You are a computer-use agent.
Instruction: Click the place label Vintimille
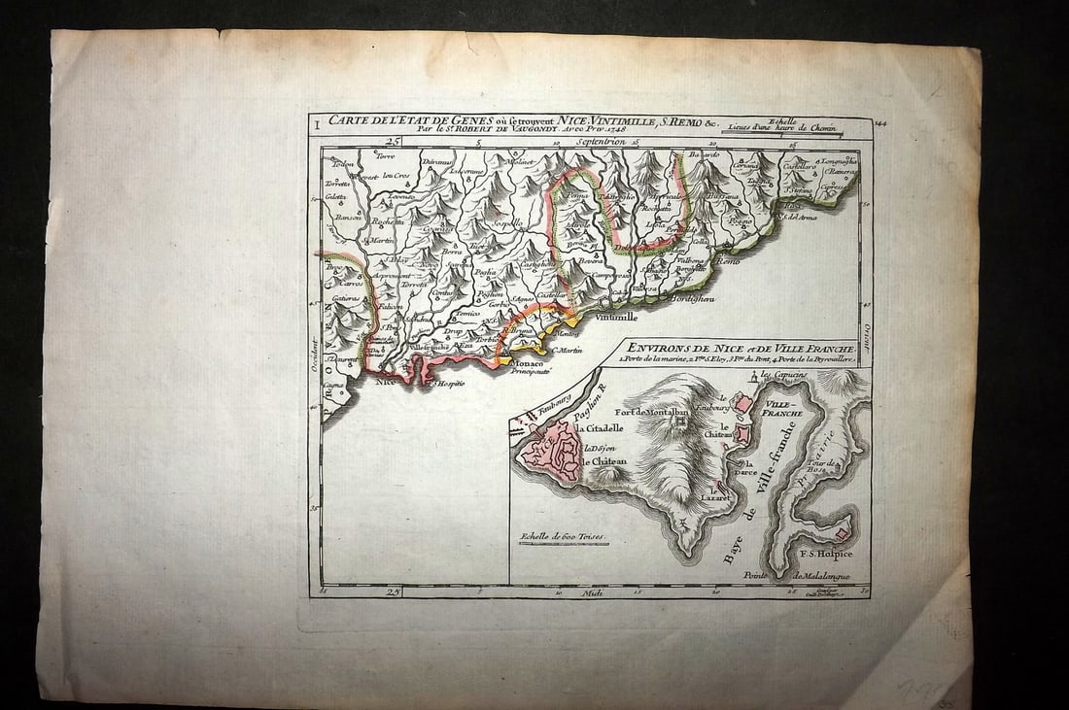pyautogui.click(x=615, y=317)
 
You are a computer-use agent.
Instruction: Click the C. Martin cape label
pyautogui.click(x=566, y=351)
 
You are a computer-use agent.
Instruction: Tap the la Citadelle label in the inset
pyautogui.click(x=603, y=428)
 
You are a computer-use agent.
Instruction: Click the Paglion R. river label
pyautogui.click(x=586, y=401)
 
